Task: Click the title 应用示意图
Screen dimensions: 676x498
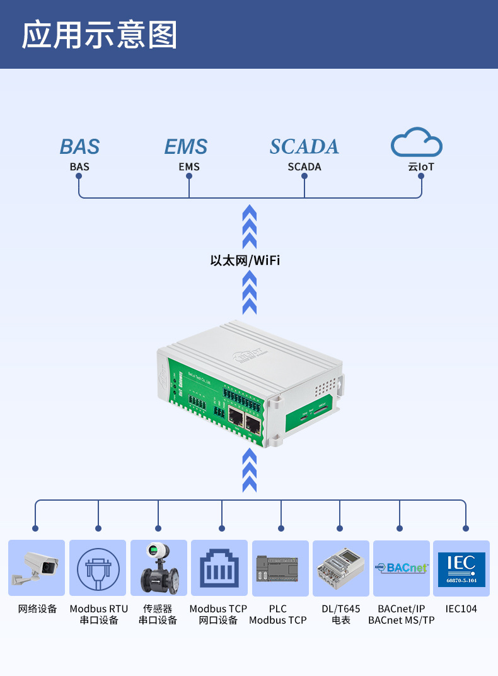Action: (x=100, y=35)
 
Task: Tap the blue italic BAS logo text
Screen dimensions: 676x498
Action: (x=80, y=147)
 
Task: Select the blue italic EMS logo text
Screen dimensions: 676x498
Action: (x=186, y=147)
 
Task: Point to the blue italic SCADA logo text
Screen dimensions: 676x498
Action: (x=304, y=146)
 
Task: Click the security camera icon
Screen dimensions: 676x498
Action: (x=37, y=568)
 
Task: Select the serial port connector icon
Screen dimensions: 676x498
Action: (x=98, y=568)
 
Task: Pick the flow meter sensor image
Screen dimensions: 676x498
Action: (x=158, y=568)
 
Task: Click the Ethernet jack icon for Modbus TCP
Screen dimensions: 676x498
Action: (x=219, y=568)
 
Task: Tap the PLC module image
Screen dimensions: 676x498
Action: (x=280, y=568)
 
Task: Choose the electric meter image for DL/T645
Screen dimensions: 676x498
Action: (x=340, y=568)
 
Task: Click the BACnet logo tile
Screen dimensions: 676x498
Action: (x=401, y=568)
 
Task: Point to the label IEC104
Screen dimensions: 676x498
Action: (x=461, y=609)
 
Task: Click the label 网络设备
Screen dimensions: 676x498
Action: (x=37, y=609)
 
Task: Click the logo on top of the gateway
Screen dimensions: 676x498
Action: (x=247, y=356)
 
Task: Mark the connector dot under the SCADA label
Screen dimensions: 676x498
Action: (x=304, y=177)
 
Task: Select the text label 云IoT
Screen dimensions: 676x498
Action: (x=420, y=167)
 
